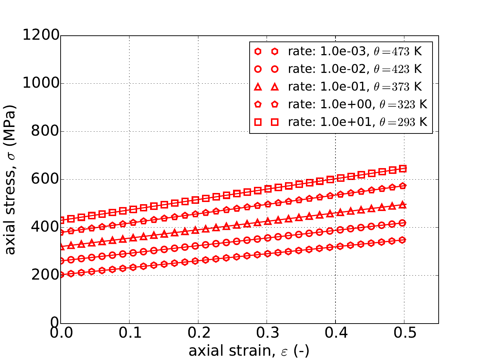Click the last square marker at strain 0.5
(404, 168)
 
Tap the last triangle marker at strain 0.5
(404, 205)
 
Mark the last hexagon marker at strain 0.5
(404, 240)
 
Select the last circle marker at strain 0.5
(404, 223)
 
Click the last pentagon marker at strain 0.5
(404, 186)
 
